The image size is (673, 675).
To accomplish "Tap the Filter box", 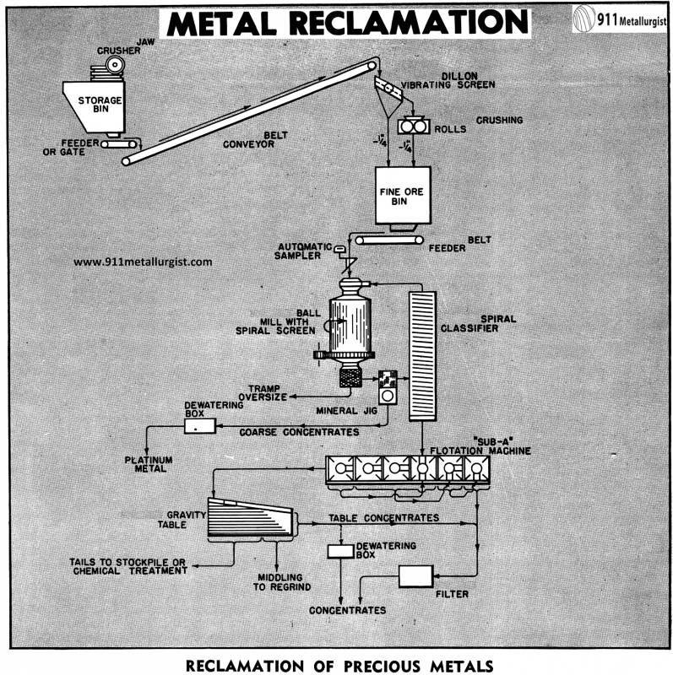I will pyautogui.click(x=415, y=576).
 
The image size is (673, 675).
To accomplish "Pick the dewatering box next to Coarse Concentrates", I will pyautogui.click(x=201, y=426).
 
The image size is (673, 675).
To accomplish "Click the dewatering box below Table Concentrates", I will pyautogui.click(x=341, y=551).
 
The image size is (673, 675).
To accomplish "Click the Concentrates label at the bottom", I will pyautogui.click(x=347, y=609).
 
